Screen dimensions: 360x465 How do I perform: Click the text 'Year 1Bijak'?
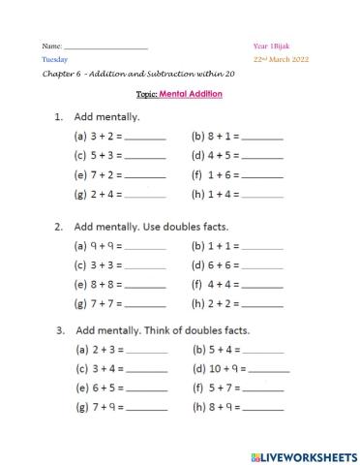click(270, 46)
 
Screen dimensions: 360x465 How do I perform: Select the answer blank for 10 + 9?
click(269, 369)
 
